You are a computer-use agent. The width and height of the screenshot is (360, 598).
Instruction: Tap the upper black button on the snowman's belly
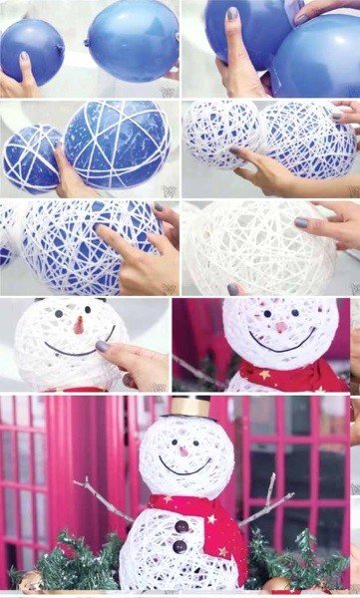180,526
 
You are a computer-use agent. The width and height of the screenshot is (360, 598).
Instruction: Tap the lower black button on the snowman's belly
180,546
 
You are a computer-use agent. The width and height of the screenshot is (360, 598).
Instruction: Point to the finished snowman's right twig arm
266,504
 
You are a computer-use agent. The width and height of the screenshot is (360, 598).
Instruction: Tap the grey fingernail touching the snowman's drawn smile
102,346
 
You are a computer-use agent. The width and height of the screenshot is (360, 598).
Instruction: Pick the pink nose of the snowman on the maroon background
282,327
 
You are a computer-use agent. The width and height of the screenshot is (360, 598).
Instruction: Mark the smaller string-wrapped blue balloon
31,156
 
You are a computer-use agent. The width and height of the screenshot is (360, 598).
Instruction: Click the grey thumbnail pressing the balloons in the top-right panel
232,15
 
